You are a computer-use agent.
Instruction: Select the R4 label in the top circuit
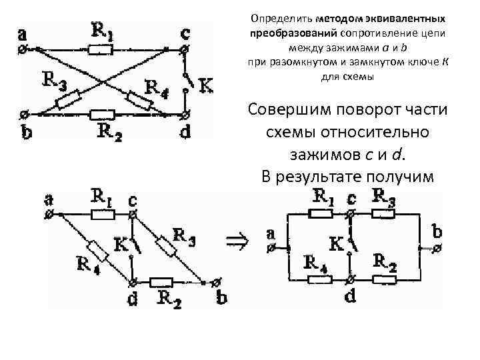[157, 87]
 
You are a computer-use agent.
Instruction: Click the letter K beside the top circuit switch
[207, 85]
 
